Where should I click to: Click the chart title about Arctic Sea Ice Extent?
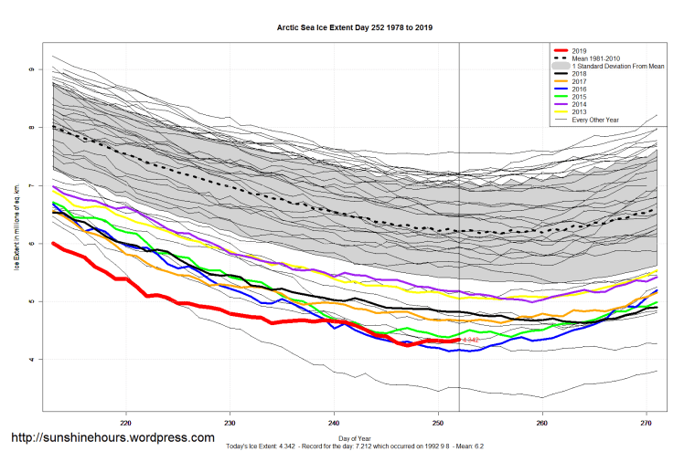click(355, 28)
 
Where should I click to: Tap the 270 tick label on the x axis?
click(646, 423)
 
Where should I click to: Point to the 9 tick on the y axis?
click(32, 70)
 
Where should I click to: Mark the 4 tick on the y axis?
click(32, 360)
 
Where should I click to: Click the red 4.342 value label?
click(470, 340)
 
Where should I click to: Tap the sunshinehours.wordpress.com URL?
click(112, 437)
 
